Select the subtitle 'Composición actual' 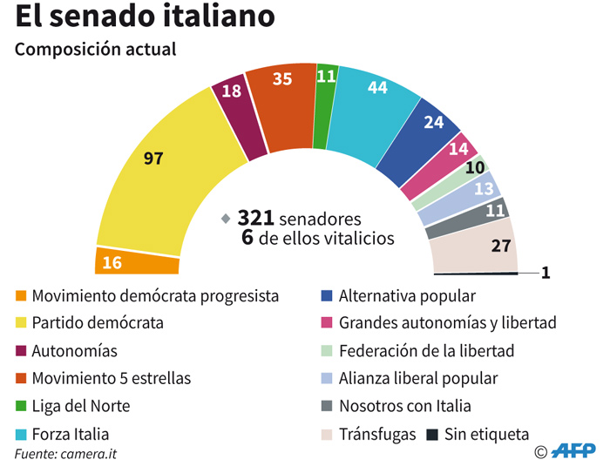coord(96,50)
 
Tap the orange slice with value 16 coord(136,261)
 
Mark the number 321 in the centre coord(262,219)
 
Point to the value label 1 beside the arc coord(546,273)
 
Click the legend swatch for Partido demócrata coord(21,323)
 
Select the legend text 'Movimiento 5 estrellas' coord(112,379)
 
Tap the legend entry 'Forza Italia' coord(71,434)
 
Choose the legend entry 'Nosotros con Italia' coord(405,406)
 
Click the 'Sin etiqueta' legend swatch coord(432,434)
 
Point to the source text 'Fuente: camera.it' coord(65,455)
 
